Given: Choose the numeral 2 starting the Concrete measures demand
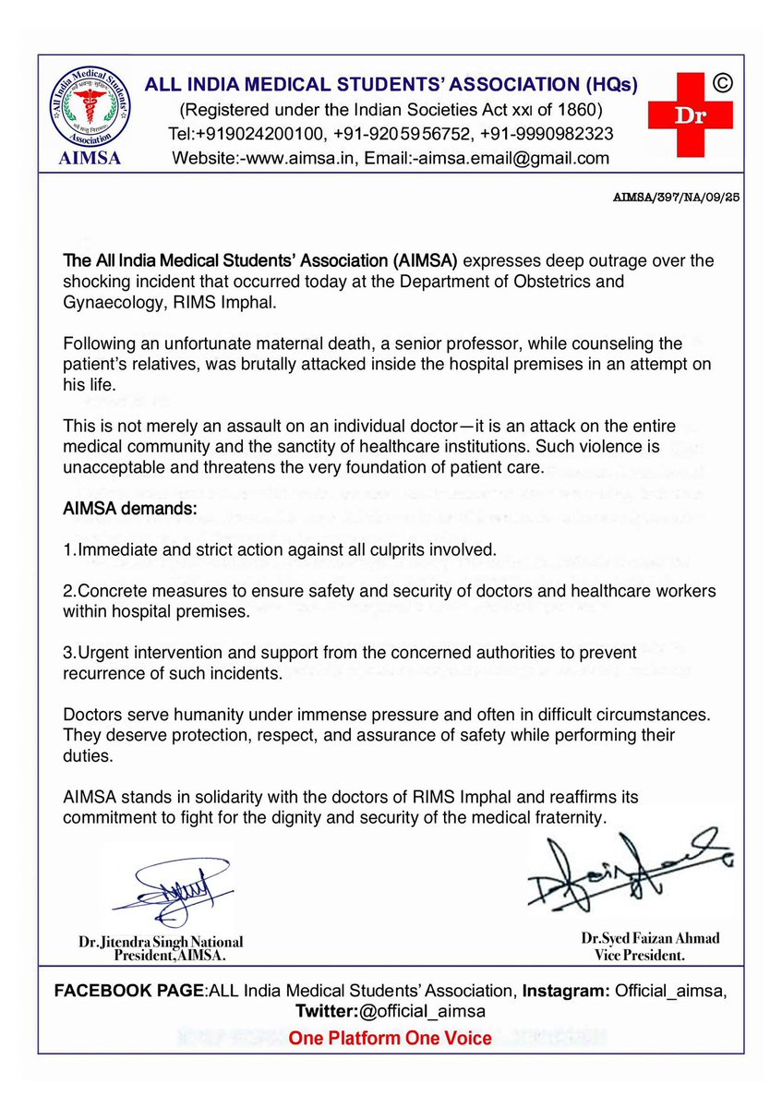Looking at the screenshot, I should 67,590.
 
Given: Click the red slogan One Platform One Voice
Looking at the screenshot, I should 391,1038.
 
